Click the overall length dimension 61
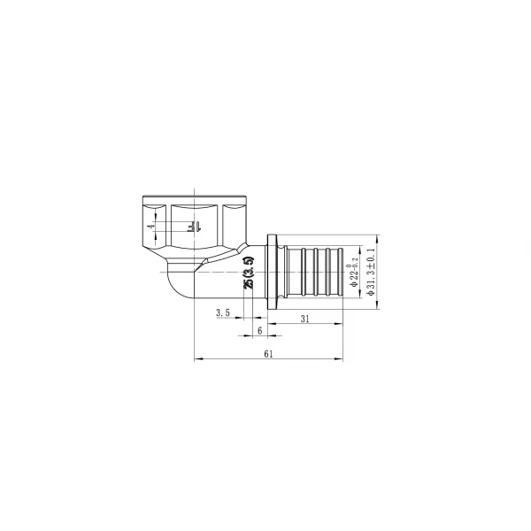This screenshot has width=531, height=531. point(268,353)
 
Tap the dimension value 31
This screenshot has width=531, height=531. point(304,319)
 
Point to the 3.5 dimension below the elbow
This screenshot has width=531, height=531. point(222,312)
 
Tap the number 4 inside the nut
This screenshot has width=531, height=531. point(151,227)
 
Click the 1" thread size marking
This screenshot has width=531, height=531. point(192,227)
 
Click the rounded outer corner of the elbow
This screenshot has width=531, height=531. point(174,293)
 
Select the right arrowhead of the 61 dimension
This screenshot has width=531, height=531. point(341,358)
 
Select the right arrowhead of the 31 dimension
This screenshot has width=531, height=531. point(341,324)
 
